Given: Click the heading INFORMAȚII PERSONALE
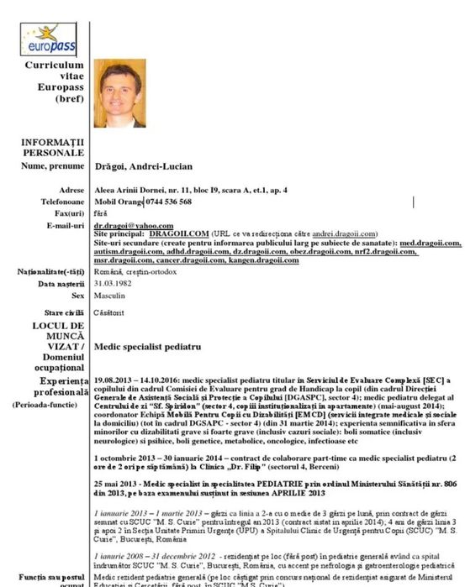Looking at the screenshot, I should tap(54, 147).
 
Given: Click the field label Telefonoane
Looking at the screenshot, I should tap(62, 202).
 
